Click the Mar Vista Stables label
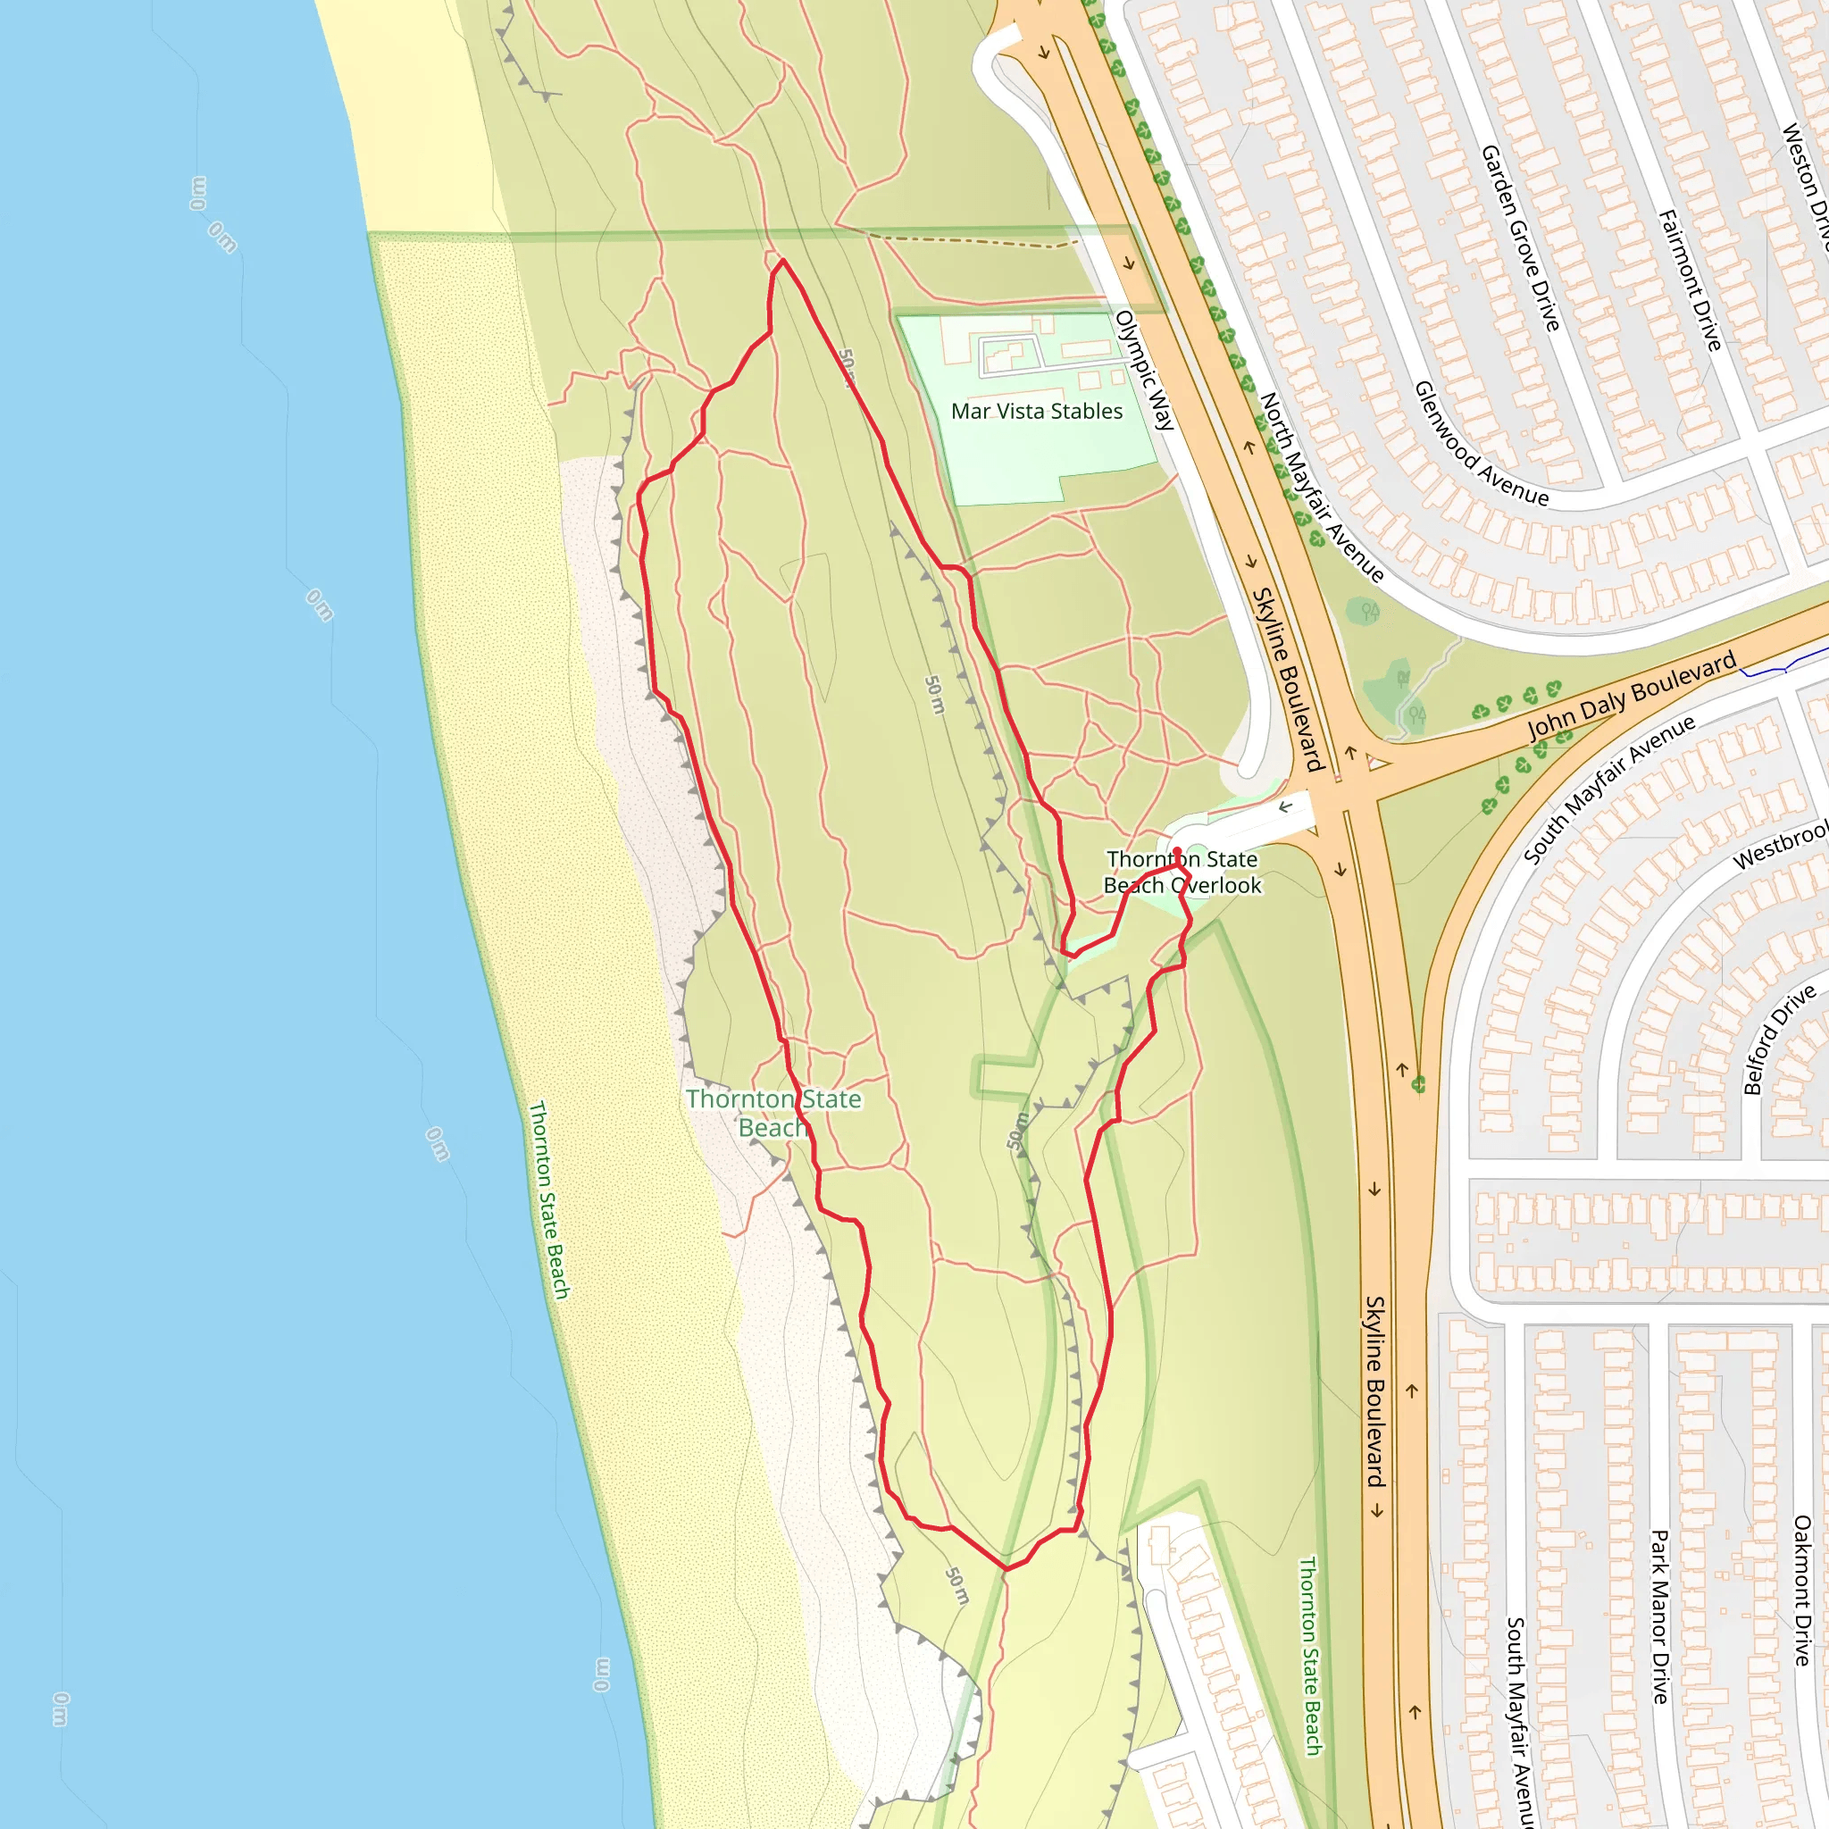[1037, 411]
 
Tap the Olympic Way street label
[1146, 370]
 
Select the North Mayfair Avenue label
[1322, 487]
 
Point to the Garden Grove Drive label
[1519, 238]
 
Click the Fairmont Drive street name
[1690, 280]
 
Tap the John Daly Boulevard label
[1633, 695]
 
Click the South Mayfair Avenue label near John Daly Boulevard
[1608, 789]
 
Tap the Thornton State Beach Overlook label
[1182, 872]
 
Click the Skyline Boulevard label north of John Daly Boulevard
[1287, 679]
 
